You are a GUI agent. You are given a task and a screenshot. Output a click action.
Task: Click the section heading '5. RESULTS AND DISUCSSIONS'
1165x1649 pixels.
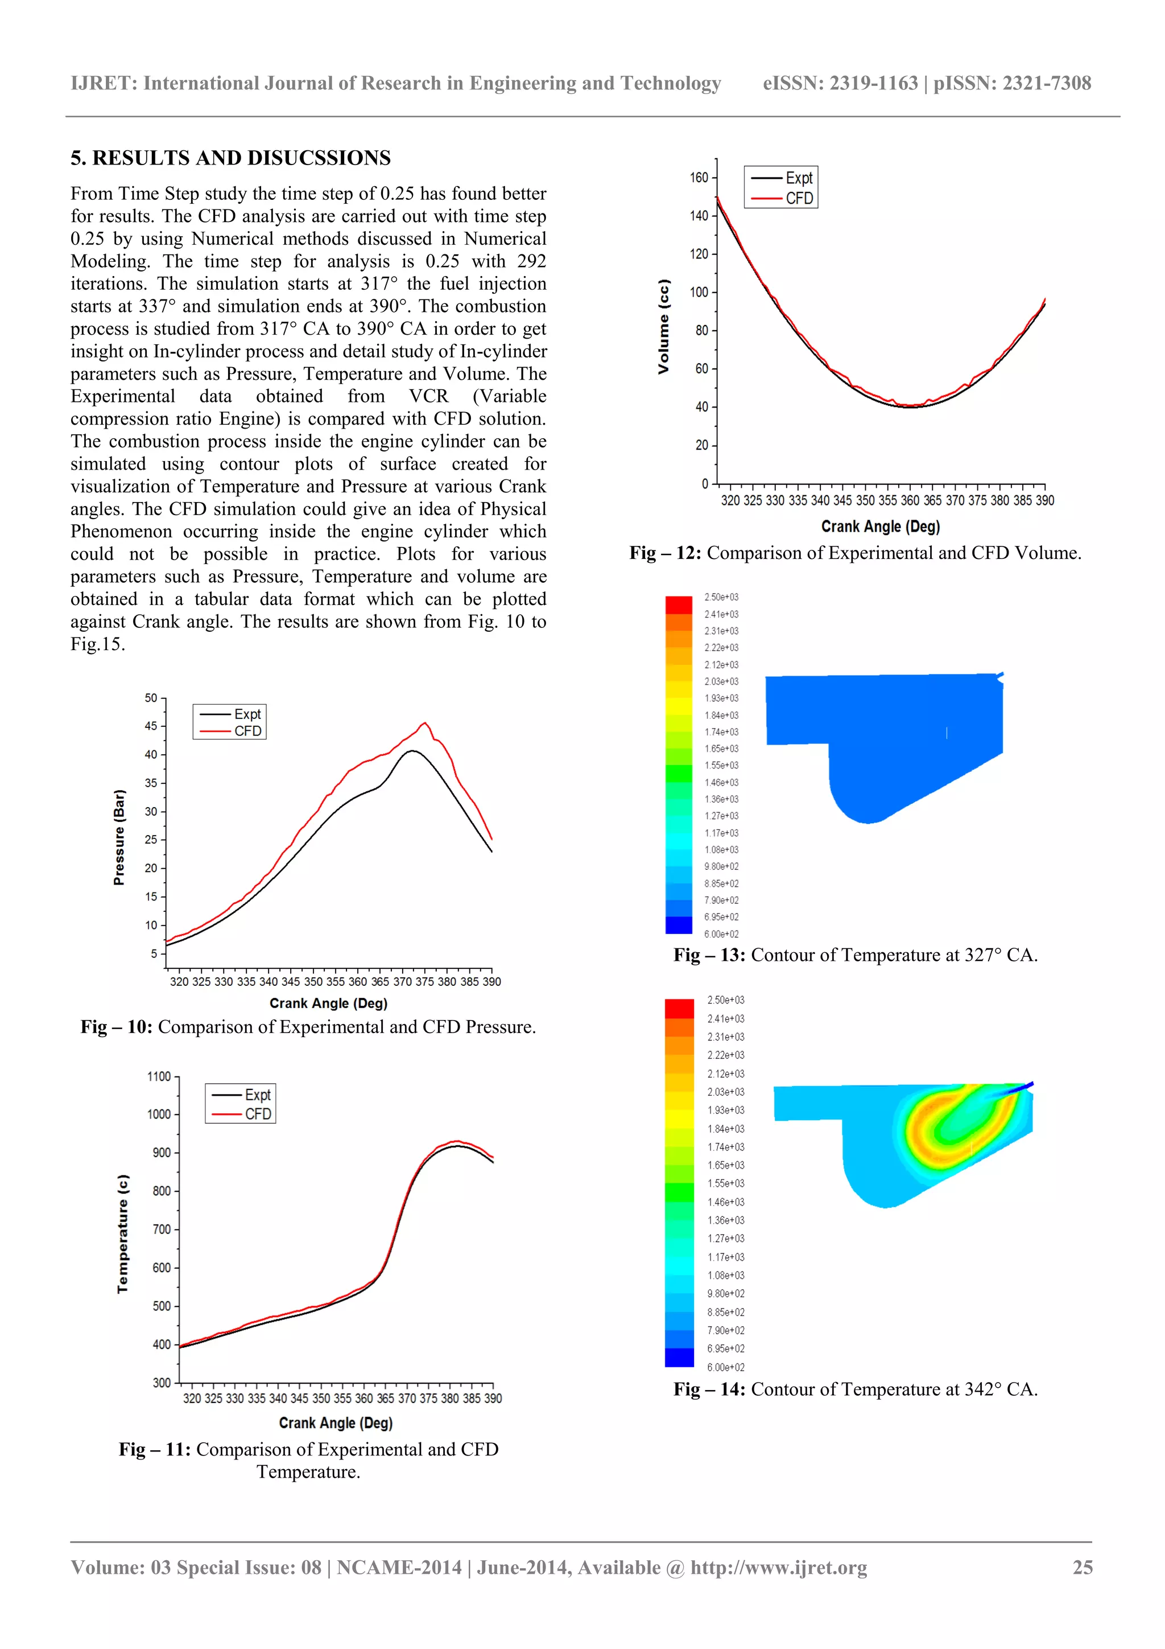[x=230, y=158]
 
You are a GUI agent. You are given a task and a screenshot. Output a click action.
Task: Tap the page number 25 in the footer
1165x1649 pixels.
[x=1083, y=1567]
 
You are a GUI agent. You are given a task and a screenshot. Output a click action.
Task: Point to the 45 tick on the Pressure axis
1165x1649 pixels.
[x=151, y=726]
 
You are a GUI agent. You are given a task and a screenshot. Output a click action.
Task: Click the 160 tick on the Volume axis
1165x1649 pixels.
[x=699, y=178]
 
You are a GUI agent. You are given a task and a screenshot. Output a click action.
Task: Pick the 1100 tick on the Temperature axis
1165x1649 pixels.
[x=159, y=1076]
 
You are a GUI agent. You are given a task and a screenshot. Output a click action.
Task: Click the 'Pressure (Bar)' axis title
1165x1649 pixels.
[x=119, y=837]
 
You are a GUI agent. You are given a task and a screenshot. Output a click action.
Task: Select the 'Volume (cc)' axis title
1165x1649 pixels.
[x=663, y=327]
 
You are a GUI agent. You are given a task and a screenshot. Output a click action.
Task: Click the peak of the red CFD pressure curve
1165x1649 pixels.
[x=425, y=723]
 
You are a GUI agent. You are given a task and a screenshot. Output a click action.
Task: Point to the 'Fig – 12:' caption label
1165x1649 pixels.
[x=664, y=553]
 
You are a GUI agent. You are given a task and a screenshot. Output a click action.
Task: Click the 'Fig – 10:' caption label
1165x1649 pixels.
[x=116, y=1027]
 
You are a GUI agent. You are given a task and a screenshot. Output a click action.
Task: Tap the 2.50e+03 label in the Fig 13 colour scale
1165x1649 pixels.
[x=721, y=598]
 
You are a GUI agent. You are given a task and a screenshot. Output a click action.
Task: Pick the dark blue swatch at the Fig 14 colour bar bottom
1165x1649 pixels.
[x=679, y=1358]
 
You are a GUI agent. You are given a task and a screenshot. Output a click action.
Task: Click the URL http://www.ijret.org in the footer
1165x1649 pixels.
[x=778, y=1567]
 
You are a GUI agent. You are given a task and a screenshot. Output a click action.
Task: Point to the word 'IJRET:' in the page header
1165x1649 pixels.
[x=104, y=83]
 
